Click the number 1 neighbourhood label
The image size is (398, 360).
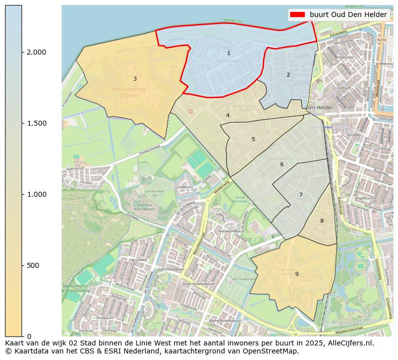coord(229,53)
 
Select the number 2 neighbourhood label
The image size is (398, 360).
coord(288,75)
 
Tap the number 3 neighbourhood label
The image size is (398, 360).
coord(135,79)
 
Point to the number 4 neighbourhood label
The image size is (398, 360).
coord(228,115)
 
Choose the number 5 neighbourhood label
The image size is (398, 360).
coord(253,139)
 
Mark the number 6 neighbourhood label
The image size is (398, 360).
coord(282,164)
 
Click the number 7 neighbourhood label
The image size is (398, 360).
coord(301,195)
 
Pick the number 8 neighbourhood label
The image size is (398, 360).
coord(322,221)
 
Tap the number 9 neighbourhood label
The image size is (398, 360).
coord(297,274)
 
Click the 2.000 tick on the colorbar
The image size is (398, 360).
coord(37,52)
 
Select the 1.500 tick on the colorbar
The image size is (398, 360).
coord(37,123)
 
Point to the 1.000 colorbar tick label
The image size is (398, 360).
coord(37,194)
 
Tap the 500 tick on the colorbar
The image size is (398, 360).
coord(34,265)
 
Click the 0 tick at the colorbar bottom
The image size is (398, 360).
coord(29,336)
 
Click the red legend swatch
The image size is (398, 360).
coord(298,15)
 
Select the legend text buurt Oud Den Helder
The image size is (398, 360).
coord(348,15)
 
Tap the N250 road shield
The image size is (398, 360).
coord(382,40)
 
